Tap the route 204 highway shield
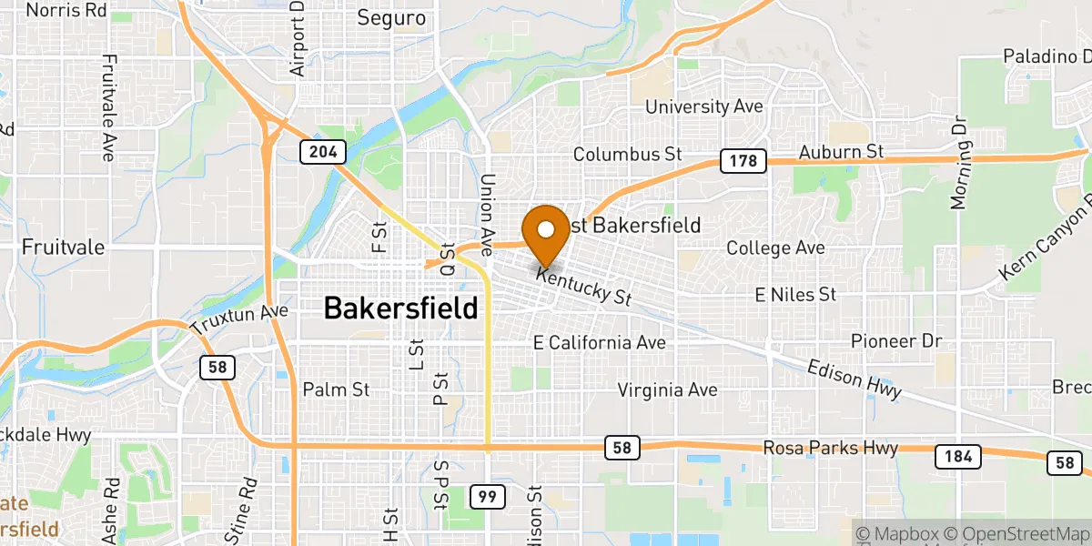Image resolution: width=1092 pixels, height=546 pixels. point(323,152)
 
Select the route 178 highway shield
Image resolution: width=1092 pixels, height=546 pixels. point(742,161)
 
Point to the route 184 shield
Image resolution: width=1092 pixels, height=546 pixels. point(958,457)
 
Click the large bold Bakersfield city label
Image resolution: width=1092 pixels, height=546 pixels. point(400,308)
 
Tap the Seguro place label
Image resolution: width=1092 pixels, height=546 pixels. point(391,18)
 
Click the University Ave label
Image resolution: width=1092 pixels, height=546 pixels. point(703,106)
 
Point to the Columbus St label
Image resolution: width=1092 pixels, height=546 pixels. point(627,154)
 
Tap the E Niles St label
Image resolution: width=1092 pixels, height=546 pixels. point(794,294)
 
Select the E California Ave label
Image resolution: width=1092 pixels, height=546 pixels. point(599,343)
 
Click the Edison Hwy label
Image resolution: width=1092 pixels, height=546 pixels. point(854,378)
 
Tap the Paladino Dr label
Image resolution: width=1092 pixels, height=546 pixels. point(1046,56)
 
